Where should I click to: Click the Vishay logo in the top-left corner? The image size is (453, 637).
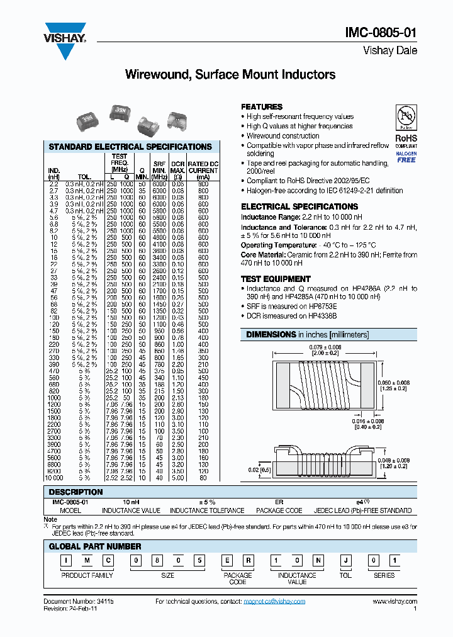64,33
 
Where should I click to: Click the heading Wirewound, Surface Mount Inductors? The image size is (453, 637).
230,75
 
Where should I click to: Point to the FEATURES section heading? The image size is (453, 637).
262,107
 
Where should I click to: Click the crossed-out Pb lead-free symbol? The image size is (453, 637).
406,118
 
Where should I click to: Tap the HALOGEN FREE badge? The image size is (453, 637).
406,157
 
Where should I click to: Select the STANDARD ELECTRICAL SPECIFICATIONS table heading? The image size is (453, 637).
130,147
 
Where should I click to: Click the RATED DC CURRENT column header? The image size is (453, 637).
203,167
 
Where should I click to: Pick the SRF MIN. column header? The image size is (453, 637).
159,167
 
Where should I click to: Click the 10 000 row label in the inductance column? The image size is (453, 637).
53,477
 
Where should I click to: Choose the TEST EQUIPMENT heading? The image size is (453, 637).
276,279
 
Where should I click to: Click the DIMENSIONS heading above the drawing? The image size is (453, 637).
271,334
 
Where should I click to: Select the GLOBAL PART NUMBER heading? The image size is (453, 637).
95,546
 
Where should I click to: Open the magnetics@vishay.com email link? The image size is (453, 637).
274,602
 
